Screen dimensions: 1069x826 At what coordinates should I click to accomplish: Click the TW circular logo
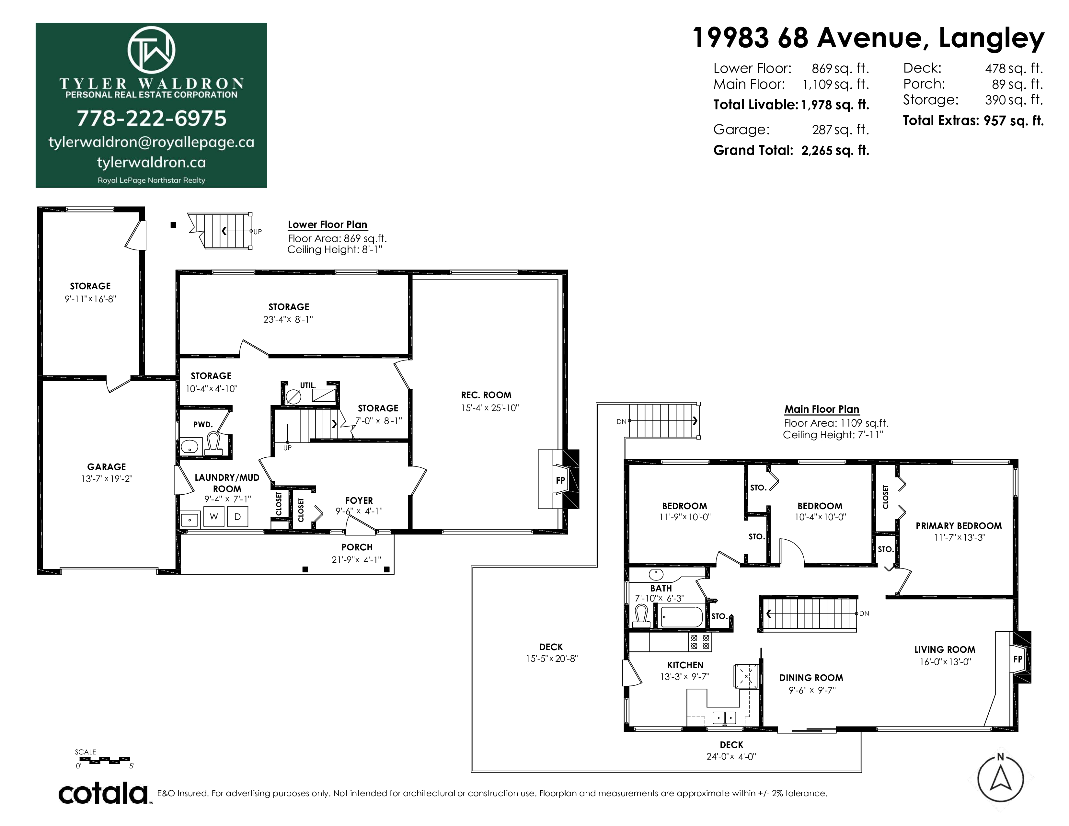[151, 50]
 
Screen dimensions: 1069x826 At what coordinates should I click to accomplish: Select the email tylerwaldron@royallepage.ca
[151, 143]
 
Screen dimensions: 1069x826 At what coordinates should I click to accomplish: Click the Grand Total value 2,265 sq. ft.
[835, 150]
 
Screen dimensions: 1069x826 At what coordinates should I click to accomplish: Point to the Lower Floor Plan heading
[328, 224]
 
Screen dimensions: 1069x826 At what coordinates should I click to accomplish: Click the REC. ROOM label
[486, 395]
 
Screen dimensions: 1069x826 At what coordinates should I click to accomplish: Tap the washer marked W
[214, 517]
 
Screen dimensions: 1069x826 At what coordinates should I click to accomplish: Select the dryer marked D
[238, 517]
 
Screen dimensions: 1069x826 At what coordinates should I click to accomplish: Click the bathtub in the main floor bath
[681, 617]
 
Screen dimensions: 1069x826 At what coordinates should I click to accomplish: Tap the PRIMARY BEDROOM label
[959, 526]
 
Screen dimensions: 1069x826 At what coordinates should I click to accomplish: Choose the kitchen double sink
[724, 718]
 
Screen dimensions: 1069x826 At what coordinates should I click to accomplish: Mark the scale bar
[105, 760]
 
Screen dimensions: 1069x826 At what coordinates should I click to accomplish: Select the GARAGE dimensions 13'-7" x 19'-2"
[107, 479]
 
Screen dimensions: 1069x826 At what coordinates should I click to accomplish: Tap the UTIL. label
[308, 385]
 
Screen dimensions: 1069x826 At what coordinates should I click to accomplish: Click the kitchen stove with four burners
[700, 642]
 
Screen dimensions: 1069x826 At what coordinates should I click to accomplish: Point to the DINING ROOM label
[811, 678]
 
